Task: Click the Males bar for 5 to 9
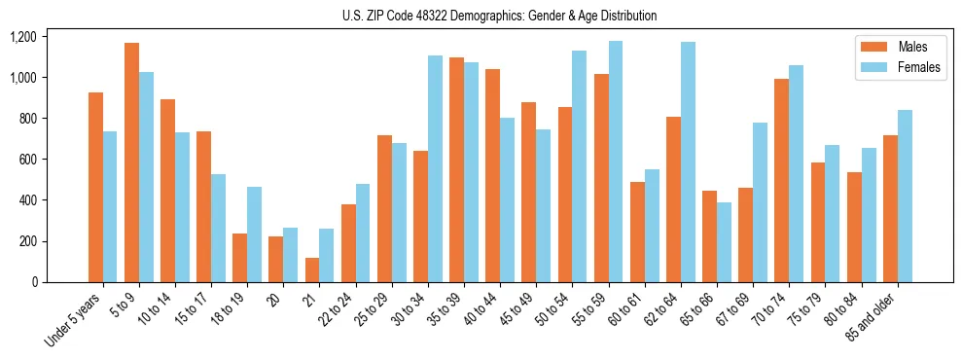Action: click(131, 162)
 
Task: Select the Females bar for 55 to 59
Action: click(616, 162)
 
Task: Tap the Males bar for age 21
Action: click(312, 270)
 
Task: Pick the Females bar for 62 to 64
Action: click(688, 162)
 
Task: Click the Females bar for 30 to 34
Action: click(435, 168)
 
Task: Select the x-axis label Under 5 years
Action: click(74, 320)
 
